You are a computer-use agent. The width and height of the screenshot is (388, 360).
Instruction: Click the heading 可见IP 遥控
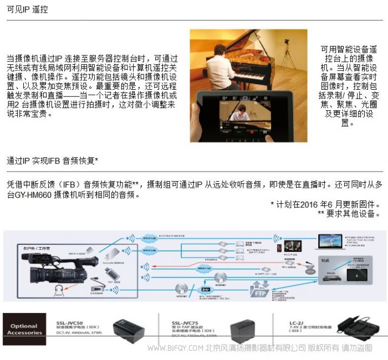27,10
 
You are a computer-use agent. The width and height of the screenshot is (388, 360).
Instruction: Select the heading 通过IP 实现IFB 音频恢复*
53,161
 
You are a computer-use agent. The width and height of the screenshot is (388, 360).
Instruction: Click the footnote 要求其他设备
349,213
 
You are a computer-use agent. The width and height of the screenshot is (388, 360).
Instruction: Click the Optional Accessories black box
24,329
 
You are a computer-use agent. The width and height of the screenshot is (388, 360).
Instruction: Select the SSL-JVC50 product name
69,322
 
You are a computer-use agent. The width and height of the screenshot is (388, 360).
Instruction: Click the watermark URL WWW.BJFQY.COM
175,348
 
